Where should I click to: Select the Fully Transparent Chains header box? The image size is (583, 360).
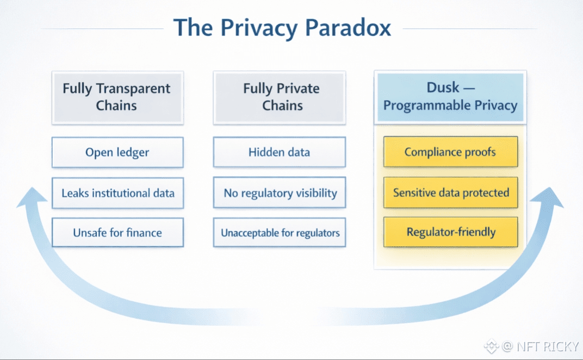116,97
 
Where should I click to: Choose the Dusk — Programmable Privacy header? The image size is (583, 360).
450,97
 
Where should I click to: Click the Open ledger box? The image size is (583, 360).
117,152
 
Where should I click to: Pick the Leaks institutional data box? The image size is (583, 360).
117,193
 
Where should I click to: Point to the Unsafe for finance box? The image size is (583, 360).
117,233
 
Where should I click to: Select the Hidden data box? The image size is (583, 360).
279,152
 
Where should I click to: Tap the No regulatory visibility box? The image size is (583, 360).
280,193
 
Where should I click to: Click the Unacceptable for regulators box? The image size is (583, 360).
280,233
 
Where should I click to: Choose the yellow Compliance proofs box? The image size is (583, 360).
450,152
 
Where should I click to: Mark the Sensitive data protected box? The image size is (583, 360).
450,193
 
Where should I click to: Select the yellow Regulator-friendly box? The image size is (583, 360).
450,232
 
